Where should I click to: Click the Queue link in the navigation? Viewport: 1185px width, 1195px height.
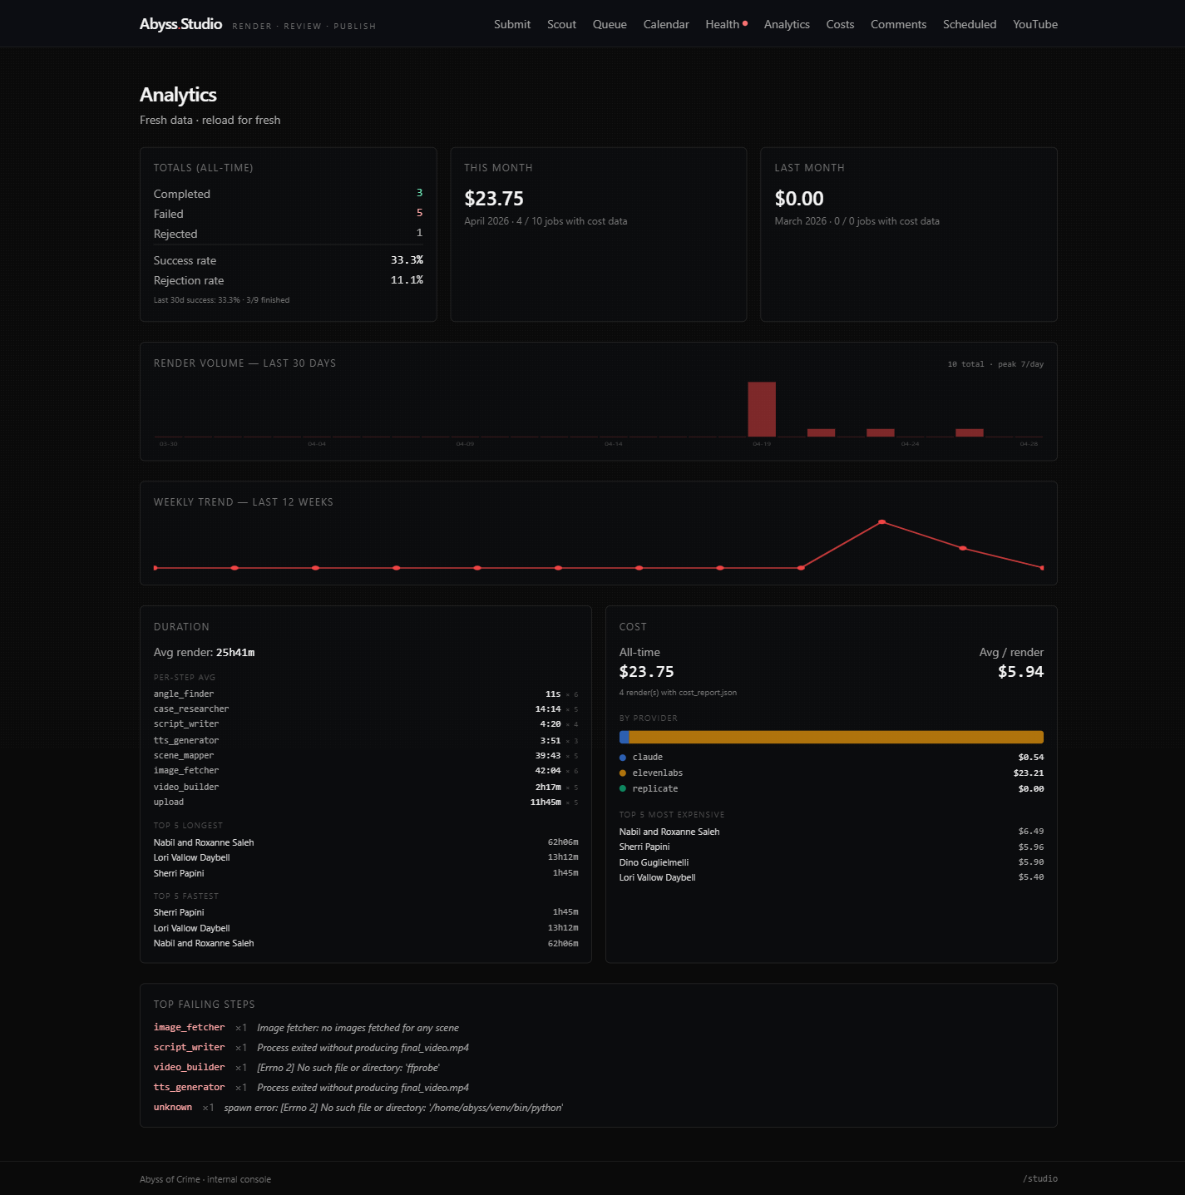point(610,24)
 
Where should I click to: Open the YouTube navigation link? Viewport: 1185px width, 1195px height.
point(1034,24)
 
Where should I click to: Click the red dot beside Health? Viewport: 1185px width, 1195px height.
point(745,23)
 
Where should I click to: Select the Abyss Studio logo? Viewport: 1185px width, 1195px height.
point(180,24)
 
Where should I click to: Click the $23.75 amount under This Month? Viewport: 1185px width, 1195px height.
point(494,199)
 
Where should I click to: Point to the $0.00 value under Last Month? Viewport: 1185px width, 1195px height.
point(798,199)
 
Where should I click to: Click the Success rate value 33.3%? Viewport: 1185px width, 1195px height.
point(407,260)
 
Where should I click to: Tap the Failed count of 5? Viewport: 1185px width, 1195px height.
point(419,214)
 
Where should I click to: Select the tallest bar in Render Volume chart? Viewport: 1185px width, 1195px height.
point(762,409)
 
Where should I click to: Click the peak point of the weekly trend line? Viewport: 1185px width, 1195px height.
point(881,522)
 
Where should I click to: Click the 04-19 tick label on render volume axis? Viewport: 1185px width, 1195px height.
point(762,444)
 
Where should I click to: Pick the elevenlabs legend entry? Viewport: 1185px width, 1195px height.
point(657,773)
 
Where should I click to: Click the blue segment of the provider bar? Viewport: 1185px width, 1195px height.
point(625,738)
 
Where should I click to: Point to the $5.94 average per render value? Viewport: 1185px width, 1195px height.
point(1020,672)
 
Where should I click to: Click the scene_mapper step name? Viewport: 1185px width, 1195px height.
point(184,756)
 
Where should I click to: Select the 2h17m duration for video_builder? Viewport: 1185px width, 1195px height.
point(548,787)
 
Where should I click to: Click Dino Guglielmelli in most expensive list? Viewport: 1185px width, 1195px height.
point(654,862)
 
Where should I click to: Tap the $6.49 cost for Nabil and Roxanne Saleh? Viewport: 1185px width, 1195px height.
point(1030,832)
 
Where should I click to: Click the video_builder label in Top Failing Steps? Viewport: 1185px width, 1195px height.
point(189,1068)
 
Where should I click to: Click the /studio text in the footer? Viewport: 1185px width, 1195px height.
point(1039,1178)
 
